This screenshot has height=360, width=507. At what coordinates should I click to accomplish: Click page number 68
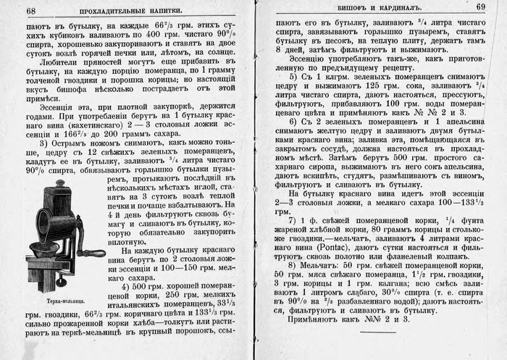point(30,10)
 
